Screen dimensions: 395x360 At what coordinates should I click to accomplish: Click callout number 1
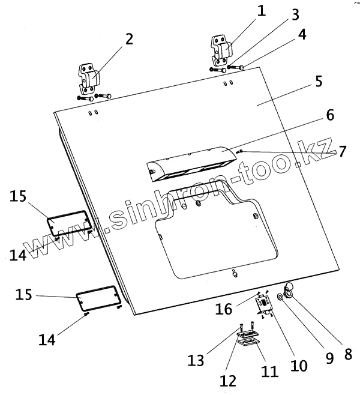(x=261, y=10)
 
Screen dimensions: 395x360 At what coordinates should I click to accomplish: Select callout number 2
(x=128, y=40)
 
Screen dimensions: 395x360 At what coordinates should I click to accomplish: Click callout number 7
(x=341, y=151)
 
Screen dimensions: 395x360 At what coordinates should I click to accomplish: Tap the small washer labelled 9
(x=281, y=297)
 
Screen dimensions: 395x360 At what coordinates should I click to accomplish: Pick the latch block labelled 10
(x=263, y=305)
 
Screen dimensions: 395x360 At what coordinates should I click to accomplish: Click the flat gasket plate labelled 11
(x=248, y=342)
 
